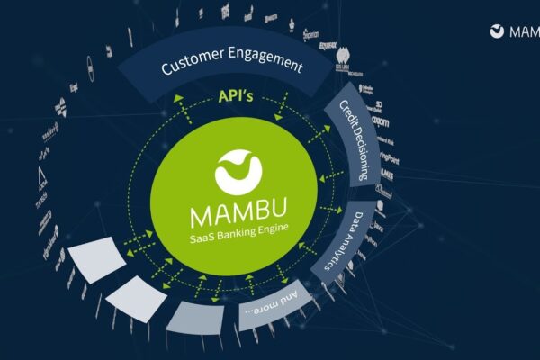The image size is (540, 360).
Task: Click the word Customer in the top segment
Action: click(x=193, y=66)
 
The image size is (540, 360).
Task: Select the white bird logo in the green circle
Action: click(x=238, y=171)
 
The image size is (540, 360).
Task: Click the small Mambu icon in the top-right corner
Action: click(x=497, y=31)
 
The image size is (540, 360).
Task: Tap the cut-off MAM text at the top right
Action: click(x=524, y=31)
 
